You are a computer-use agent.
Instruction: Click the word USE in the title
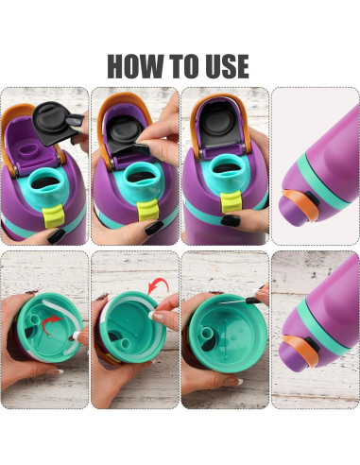click(x=224, y=65)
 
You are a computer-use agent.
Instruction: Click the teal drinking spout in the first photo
click(x=46, y=180)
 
